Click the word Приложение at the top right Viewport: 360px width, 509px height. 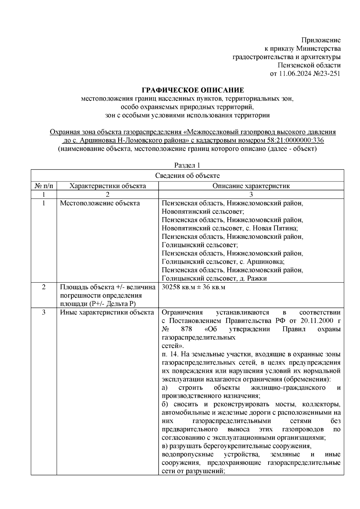tap(321, 40)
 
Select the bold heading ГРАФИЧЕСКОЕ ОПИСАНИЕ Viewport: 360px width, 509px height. tap(193, 90)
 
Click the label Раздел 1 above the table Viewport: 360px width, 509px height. tap(187, 165)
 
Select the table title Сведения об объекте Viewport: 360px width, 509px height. tap(187, 176)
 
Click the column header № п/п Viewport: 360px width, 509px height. tap(44, 186)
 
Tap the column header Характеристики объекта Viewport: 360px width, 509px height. tap(108, 186)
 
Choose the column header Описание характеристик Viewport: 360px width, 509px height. tap(251, 186)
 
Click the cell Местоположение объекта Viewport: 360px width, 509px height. tap(100, 203)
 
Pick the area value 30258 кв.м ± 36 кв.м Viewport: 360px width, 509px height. tap(193, 287)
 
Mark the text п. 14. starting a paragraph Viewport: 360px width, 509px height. tap(170, 354)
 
